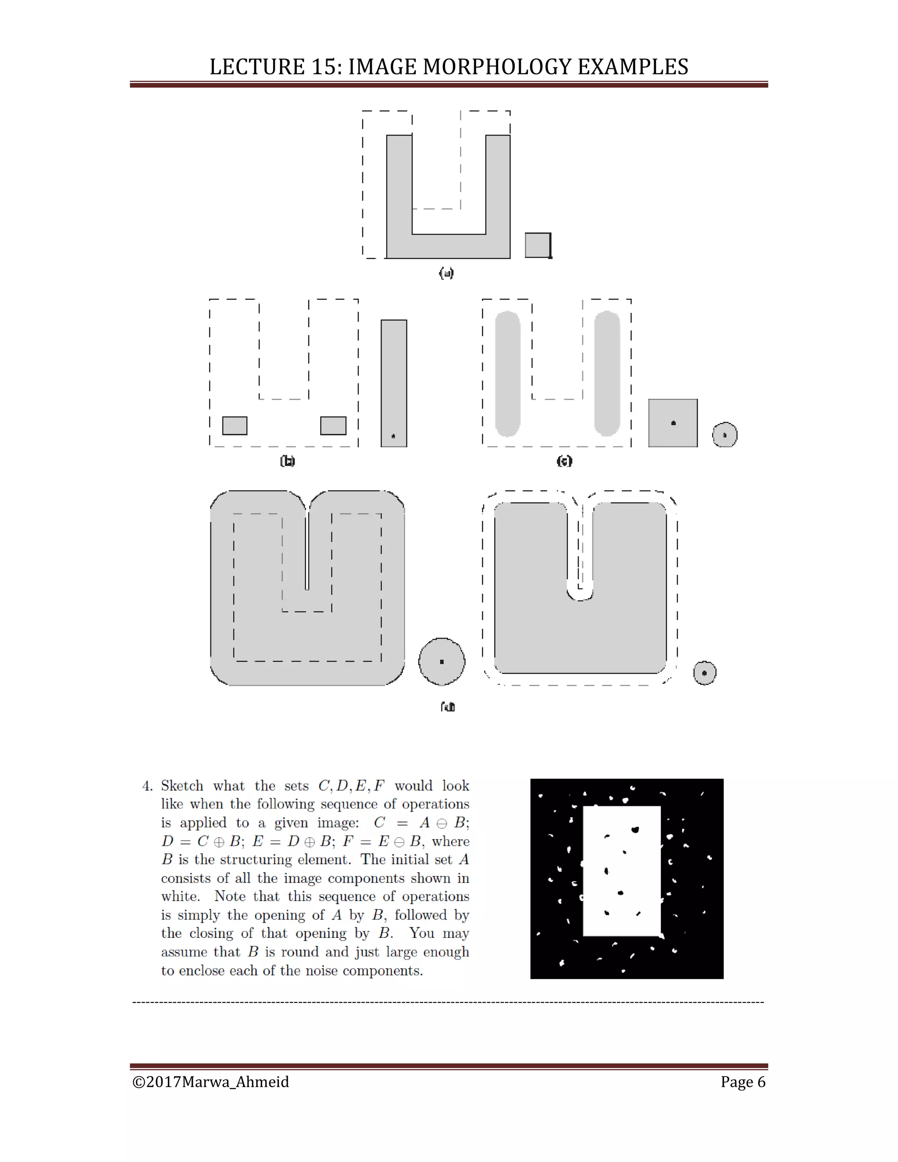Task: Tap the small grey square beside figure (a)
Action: tap(537, 245)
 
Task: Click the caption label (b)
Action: tap(287, 461)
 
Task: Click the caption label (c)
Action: tap(564, 461)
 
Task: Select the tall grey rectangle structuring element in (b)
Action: tap(394, 383)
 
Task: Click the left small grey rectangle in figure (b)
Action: tap(235, 426)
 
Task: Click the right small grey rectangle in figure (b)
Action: tap(333, 426)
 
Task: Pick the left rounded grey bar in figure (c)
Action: tap(507, 374)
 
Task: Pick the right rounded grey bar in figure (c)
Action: tap(607, 374)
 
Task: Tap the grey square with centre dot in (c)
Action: tap(673, 423)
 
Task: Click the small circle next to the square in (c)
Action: tap(724, 435)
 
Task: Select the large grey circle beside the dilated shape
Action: tap(442, 661)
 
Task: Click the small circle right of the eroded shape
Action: tap(704, 673)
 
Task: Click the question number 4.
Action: tap(147, 786)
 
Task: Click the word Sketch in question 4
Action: tap(182, 786)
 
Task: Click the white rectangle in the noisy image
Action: tap(621, 873)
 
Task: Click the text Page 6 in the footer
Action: tap(743, 1082)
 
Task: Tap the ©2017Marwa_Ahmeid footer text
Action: tap(210, 1082)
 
